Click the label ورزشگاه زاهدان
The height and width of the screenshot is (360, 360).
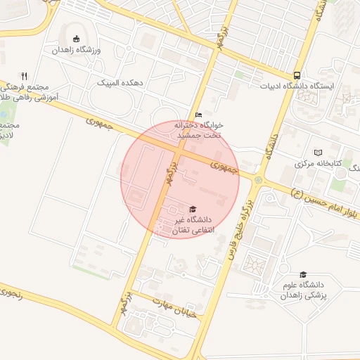(77, 51)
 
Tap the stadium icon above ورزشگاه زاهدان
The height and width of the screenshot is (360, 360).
(77, 39)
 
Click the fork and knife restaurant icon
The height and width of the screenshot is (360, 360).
(24, 76)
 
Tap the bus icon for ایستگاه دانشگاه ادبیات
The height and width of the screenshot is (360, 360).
(297, 75)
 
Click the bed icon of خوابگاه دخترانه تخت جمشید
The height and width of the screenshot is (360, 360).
(198, 115)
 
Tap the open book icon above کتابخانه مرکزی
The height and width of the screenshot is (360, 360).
(318, 152)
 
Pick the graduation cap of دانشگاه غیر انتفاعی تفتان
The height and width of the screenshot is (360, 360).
(191, 210)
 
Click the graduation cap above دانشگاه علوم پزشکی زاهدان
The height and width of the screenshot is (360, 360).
(303, 274)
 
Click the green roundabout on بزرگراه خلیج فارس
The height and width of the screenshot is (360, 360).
(258, 180)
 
